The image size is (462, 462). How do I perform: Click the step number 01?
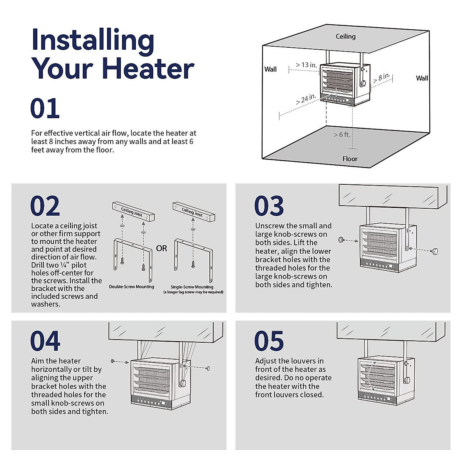[x=45, y=109]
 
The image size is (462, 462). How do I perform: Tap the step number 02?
[x=45, y=206]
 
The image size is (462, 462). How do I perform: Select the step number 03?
[x=269, y=206]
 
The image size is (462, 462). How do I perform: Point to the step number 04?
[x=45, y=341]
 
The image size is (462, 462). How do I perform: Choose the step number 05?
[x=269, y=341]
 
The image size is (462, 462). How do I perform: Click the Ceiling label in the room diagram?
[x=345, y=37]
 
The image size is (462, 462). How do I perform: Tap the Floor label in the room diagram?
[x=350, y=159]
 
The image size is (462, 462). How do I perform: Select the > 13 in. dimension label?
[x=306, y=65]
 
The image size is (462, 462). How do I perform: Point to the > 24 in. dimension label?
[x=306, y=99]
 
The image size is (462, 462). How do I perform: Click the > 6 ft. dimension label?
[x=342, y=135]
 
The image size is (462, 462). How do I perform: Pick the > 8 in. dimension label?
[x=382, y=78]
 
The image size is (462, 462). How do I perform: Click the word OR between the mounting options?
[x=162, y=248]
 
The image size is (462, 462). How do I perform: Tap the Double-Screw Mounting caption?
[x=132, y=287]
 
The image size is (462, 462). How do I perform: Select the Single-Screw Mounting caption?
[x=192, y=287]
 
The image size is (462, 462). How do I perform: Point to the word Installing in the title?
[x=93, y=40]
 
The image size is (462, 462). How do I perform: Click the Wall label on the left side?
[x=270, y=69]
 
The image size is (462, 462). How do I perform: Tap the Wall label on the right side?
[x=422, y=78]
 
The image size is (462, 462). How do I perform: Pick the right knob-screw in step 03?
[x=435, y=252]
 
